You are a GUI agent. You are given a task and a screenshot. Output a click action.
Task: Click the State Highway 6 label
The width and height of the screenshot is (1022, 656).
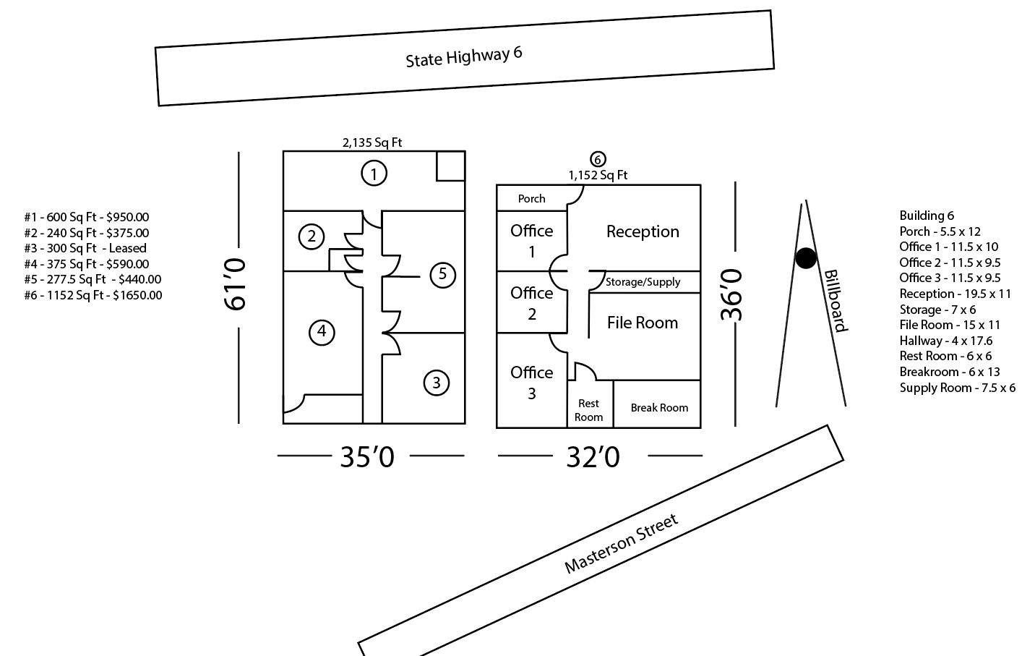click(x=463, y=56)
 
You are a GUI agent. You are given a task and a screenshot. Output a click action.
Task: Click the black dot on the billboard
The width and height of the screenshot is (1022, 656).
click(x=806, y=257)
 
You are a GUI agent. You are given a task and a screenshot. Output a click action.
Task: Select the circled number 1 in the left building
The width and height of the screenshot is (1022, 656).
click(x=374, y=174)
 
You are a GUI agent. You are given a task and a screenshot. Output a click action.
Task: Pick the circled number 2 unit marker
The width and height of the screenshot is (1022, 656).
click(x=312, y=237)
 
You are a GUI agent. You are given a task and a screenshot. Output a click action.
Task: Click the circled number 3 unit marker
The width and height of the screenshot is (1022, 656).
click(x=436, y=383)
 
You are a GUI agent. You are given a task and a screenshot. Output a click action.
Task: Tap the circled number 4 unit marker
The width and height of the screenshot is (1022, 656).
click(x=322, y=332)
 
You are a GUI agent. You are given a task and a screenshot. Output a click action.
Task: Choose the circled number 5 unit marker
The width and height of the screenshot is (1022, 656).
click(x=442, y=274)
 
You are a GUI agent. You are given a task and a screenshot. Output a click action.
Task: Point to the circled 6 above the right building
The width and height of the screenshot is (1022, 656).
click(x=598, y=159)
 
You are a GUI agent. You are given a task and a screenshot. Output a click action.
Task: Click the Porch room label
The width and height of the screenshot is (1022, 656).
click(x=531, y=199)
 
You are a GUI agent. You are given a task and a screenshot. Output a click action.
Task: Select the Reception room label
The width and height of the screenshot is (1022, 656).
click(x=643, y=231)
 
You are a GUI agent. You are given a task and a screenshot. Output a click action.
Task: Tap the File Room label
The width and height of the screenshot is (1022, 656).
click(x=643, y=323)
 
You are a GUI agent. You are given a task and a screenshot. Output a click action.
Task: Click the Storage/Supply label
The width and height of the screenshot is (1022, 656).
click(x=643, y=282)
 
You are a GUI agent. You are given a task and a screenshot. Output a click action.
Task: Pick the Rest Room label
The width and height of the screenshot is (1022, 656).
click(x=588, y=410)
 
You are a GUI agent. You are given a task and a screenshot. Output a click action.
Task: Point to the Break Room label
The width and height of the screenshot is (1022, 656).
click(x=659, y=408)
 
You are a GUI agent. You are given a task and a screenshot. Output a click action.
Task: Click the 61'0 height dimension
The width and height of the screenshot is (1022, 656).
click(x=236, y=284)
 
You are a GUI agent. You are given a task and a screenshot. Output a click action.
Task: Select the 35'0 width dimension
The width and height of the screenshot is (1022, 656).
click(x=367, y=457)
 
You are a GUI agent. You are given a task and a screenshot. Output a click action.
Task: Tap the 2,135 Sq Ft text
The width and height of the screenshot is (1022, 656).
click(x=372, y=143)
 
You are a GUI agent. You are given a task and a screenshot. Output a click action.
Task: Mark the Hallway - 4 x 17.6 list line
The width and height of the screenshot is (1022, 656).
click(x=945, y=341)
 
